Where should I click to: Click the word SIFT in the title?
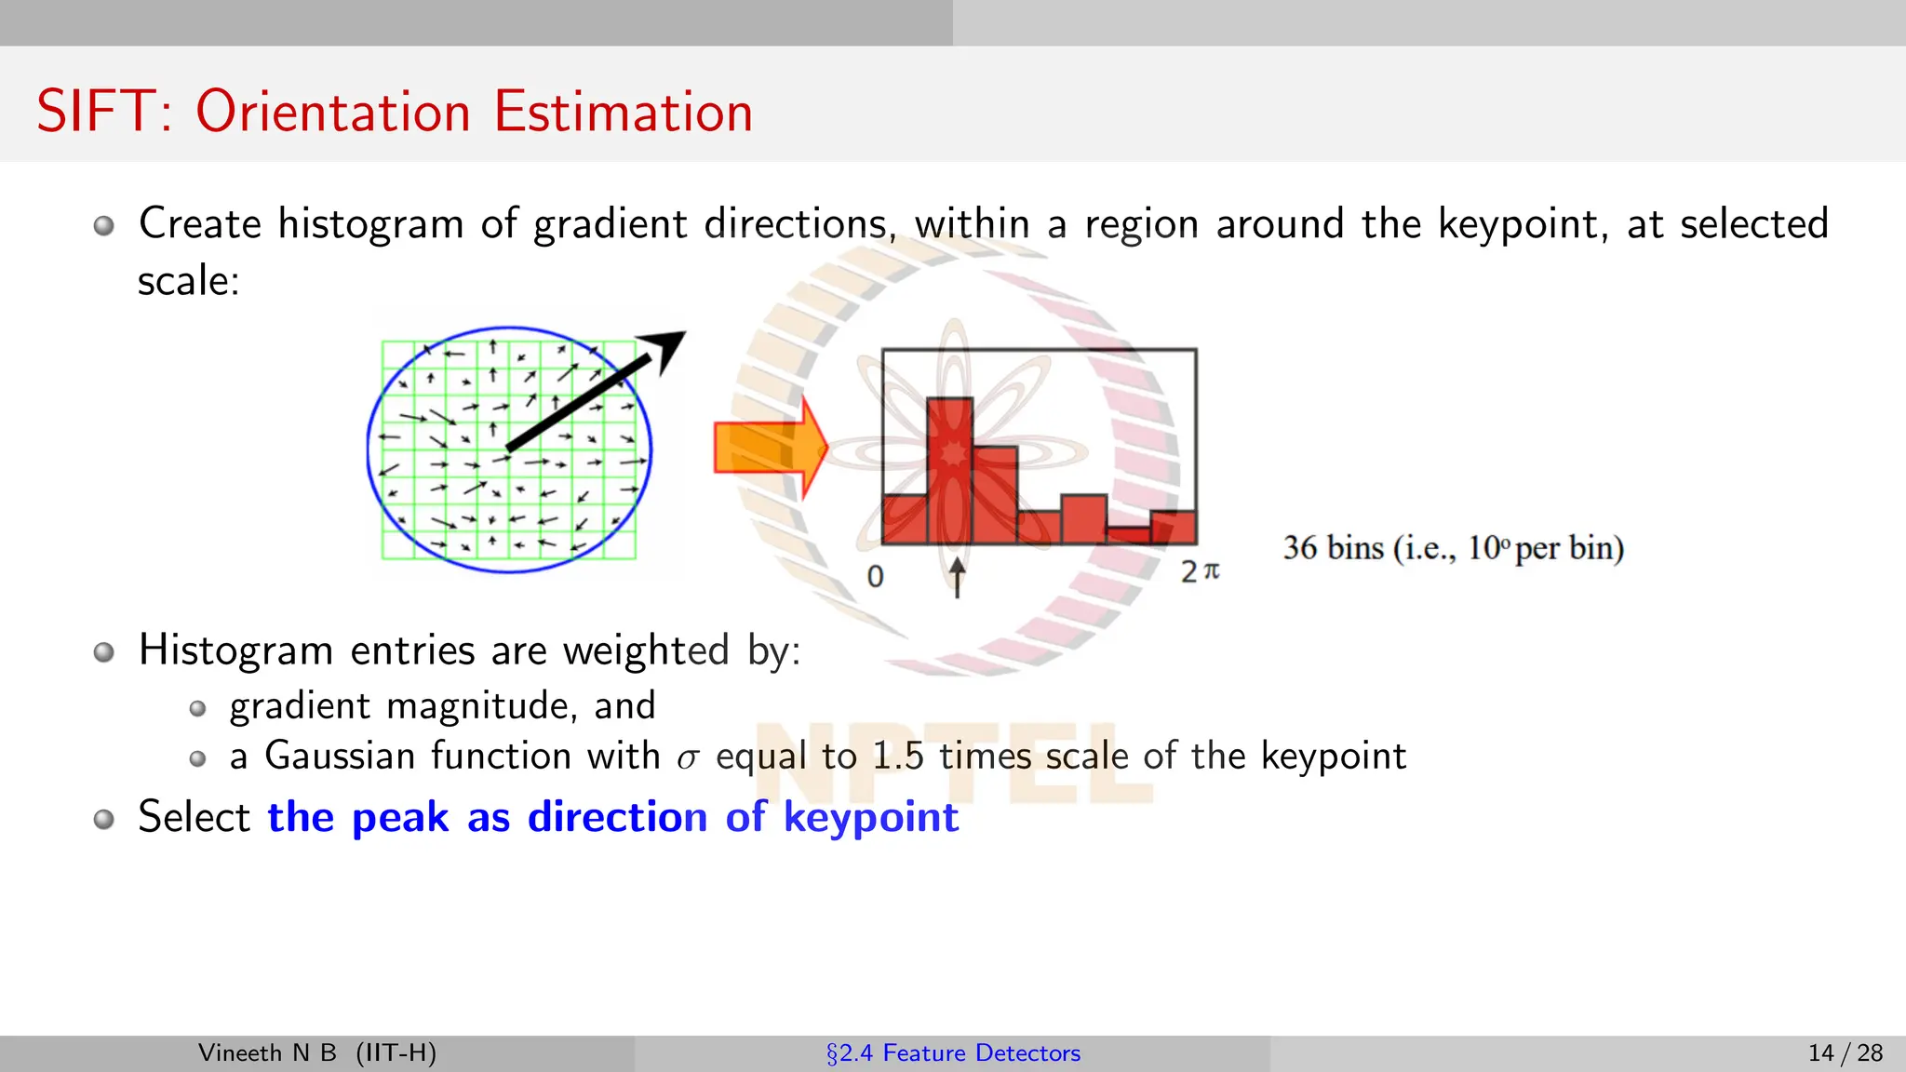point(93,112)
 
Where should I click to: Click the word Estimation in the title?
point(623,112)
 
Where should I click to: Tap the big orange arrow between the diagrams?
point(769,448)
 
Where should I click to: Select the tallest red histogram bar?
point(949,470)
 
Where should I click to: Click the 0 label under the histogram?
point(875,576)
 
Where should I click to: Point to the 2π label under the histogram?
point(1200,571)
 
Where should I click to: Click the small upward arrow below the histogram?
point(957,577)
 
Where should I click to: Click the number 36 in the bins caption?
point(1300,548)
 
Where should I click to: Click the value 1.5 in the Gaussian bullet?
point(898,756)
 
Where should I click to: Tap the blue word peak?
point(400,818)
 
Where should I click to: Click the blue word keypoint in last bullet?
point(870,818)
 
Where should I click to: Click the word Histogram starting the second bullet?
point(235,650)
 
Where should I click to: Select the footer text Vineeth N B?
point(267,1052)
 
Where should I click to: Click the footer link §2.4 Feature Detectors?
point(953,1052)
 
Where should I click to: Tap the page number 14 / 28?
point(1845,1052)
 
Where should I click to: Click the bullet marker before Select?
point(104,819)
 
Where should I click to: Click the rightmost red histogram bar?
point(1174,527)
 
